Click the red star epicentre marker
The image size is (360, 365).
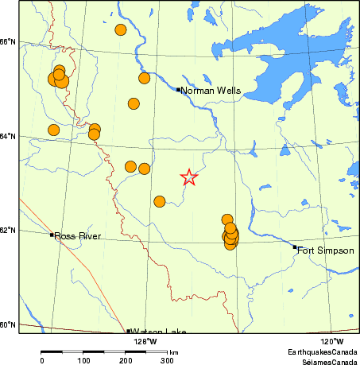pos(189,177)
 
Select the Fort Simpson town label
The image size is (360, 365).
pos(326,250)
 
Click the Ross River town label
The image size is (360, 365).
pos(79,236)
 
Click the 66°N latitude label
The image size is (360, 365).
pos(9,41)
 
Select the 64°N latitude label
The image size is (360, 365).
pos(9,136)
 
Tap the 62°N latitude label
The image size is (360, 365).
pos(9,231)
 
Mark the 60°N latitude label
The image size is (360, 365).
pos(9,324)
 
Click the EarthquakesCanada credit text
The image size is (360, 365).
pos(322,351)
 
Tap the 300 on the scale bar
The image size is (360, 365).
pos(168,360)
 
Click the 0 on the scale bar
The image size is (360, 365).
pos(41,360)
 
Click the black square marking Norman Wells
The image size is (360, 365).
pos(178,89)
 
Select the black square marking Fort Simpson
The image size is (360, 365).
pos(294,247)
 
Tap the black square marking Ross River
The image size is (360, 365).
pos(52,235)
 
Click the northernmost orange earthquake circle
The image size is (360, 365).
pos(121,30)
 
